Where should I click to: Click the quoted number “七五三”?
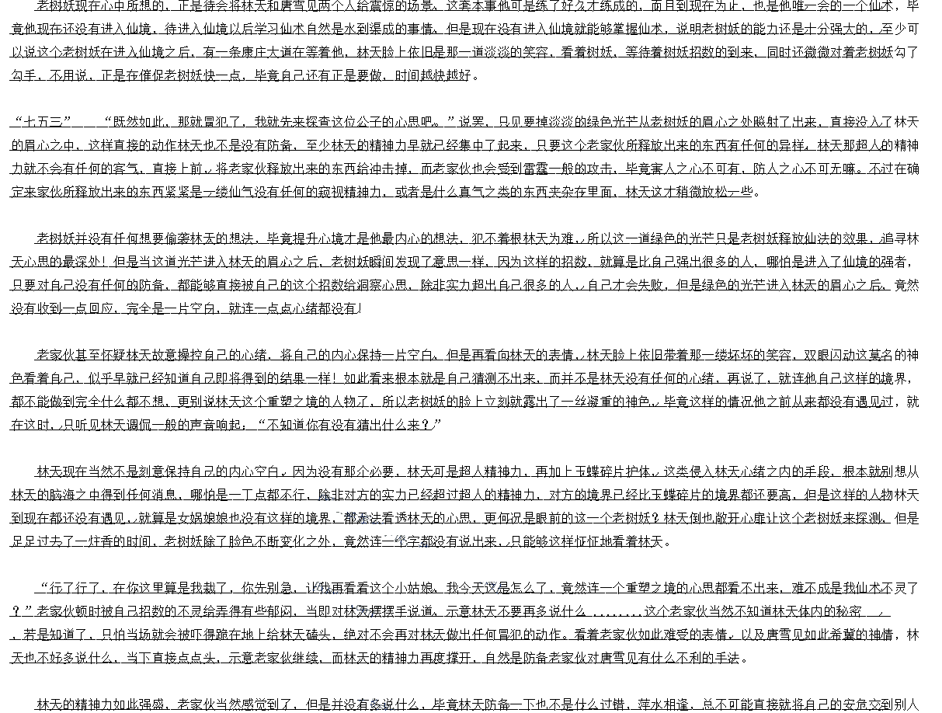41,122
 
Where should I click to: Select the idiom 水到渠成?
385,29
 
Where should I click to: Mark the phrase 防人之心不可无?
798,169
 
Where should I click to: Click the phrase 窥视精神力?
342,192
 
